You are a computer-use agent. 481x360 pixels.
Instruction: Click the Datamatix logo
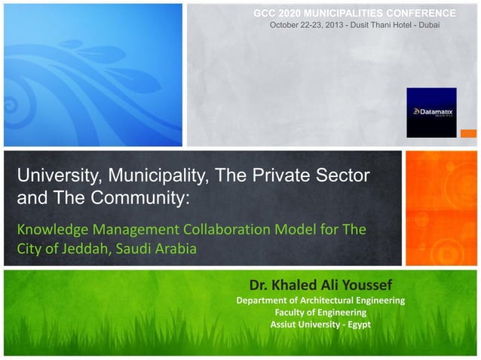431,112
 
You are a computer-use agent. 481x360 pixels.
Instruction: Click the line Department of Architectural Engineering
320,301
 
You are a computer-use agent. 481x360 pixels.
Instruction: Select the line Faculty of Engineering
320,313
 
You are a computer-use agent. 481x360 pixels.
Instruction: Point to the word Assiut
284,325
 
